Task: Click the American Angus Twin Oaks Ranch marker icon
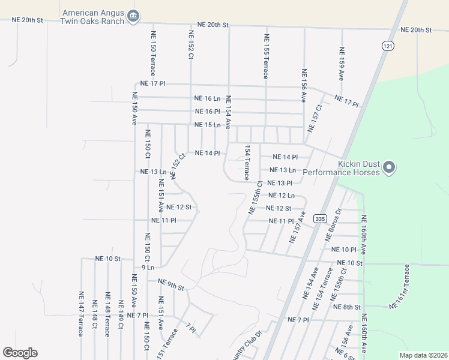coord(134,16)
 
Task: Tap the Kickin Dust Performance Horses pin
coord(389,167)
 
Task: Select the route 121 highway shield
coord(387,46)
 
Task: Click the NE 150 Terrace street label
coord(153,56)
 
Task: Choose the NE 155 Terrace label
coord(265,56)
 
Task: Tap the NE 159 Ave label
coord(341,64)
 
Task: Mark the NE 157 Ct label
coord(315,118)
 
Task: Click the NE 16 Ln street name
coord(208,98)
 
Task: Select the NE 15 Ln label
coord(208,125)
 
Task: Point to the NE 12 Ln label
coord(282,196)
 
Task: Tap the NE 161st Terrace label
coord(402,287)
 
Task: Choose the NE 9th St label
coord(171,284)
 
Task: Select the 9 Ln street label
coord(148,268)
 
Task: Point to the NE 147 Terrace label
coord(80,314)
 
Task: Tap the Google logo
coord(20,353)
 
